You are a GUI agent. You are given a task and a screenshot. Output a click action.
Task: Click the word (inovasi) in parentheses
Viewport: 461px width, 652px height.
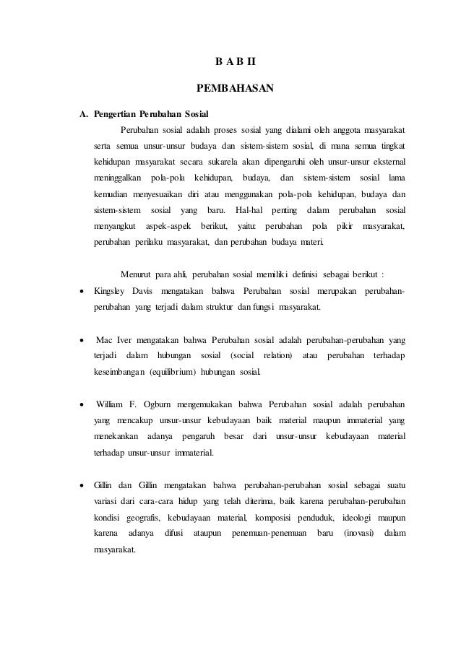click(359, 534)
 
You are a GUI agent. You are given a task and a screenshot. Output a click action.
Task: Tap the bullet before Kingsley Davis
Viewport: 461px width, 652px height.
click(85, 291)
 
